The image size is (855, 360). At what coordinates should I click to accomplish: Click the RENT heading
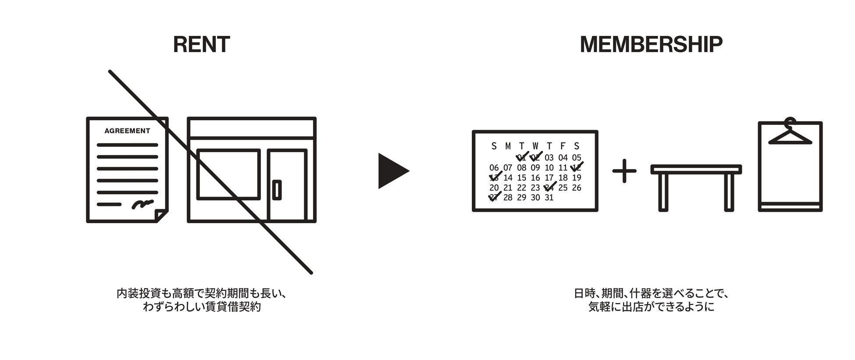tap(201, 45)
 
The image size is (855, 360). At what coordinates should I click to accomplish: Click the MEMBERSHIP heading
tap(651, 45)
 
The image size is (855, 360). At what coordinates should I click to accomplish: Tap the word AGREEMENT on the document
tap(127, 131)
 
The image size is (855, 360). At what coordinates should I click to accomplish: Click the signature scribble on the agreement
tap(142, 203)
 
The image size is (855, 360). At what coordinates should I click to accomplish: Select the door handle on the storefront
tap(277, 189)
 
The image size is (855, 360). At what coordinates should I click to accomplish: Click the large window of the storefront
tap(228, 174)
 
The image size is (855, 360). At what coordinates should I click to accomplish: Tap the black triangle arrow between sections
tap(392, 171)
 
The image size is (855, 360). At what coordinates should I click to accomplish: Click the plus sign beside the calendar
tap(624, 171)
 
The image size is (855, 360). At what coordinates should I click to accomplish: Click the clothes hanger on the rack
tap(790, 134)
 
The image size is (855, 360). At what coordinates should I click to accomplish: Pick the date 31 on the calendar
tap(549, 198)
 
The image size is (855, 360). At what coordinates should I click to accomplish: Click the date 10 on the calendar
tap(549, 168)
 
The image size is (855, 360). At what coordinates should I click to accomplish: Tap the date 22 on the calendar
tap(521, 188)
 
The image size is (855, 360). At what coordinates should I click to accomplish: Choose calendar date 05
tap(577, 158)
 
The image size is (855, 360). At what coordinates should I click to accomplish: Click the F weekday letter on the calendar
tap(563, 146)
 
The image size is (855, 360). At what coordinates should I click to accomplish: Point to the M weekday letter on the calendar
tap(508, 146)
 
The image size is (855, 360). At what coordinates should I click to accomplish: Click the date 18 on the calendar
tap(563, 178)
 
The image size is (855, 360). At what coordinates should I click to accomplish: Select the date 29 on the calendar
tap(521, 198)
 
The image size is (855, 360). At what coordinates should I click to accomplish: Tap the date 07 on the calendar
tap(508, 168)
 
